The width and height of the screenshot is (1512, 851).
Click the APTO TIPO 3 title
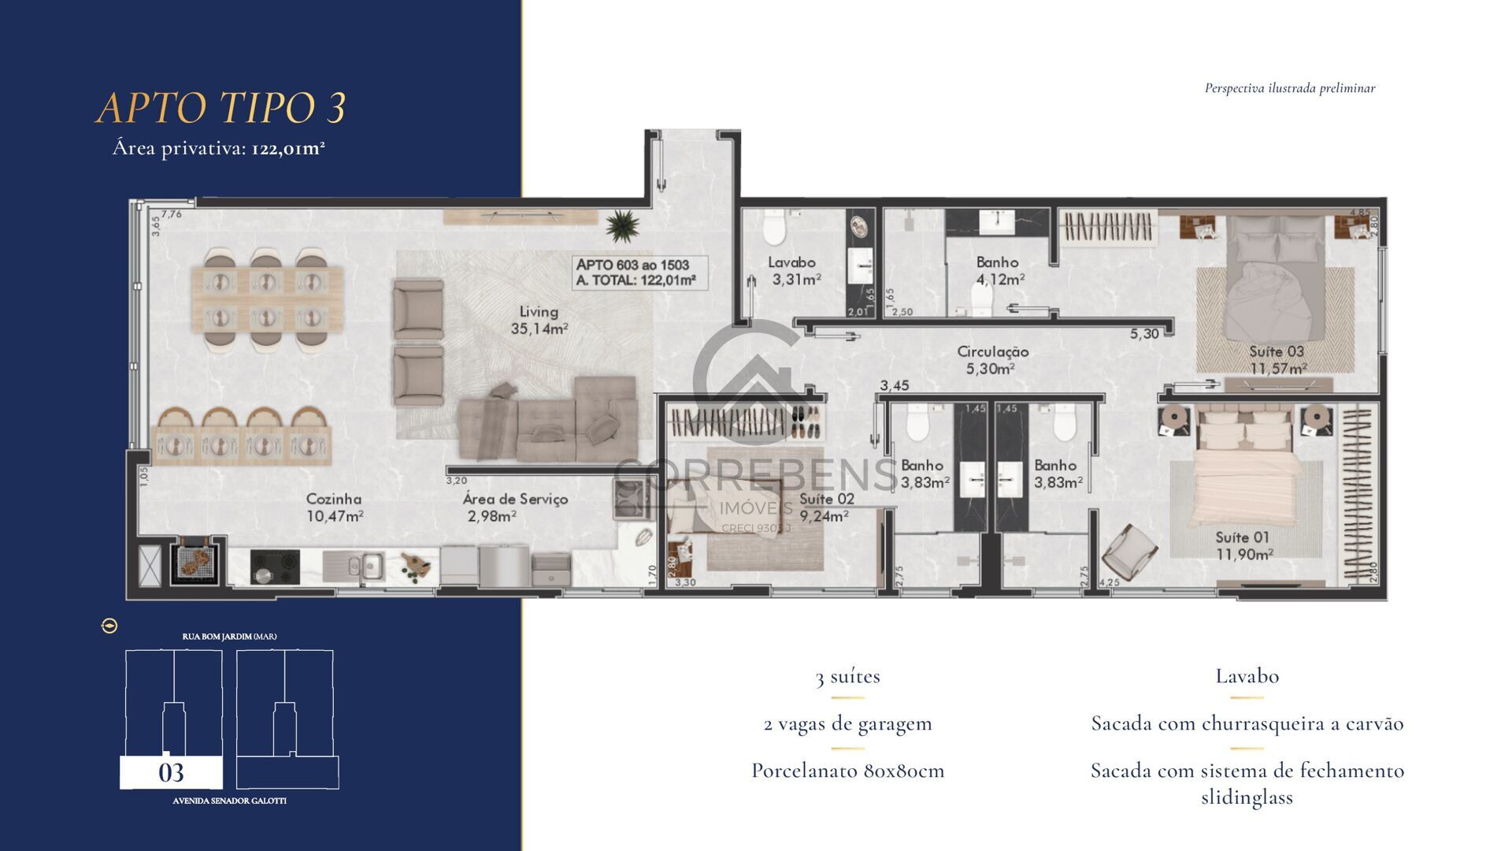coord(221,108)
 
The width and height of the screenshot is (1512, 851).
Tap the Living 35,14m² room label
coord(539,320)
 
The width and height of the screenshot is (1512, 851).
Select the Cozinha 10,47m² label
coord(335,507)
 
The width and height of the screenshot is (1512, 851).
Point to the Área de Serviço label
coord(514,507)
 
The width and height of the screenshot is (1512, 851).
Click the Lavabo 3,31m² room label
coord(793,270)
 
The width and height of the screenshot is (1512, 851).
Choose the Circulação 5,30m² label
coord(992,360)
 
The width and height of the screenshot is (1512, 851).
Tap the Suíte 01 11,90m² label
coord(1243,545)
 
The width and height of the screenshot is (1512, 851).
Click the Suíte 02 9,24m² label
coord(825,507)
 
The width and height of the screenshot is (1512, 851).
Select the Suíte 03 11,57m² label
coord(1277,359)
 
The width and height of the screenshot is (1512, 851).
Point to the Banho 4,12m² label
coord(999,270)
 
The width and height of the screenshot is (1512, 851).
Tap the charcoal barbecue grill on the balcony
coord(192,561)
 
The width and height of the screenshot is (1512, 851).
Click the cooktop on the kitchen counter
coord(275,566)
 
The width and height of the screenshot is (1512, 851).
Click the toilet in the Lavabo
coord(774,230)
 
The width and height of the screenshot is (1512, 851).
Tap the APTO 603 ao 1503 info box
coord(639,273)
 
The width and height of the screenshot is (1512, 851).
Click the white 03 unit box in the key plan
coord(171,773)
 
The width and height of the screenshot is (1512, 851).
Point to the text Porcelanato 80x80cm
coord(847,771)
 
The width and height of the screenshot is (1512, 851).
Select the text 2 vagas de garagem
coord(847,723)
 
